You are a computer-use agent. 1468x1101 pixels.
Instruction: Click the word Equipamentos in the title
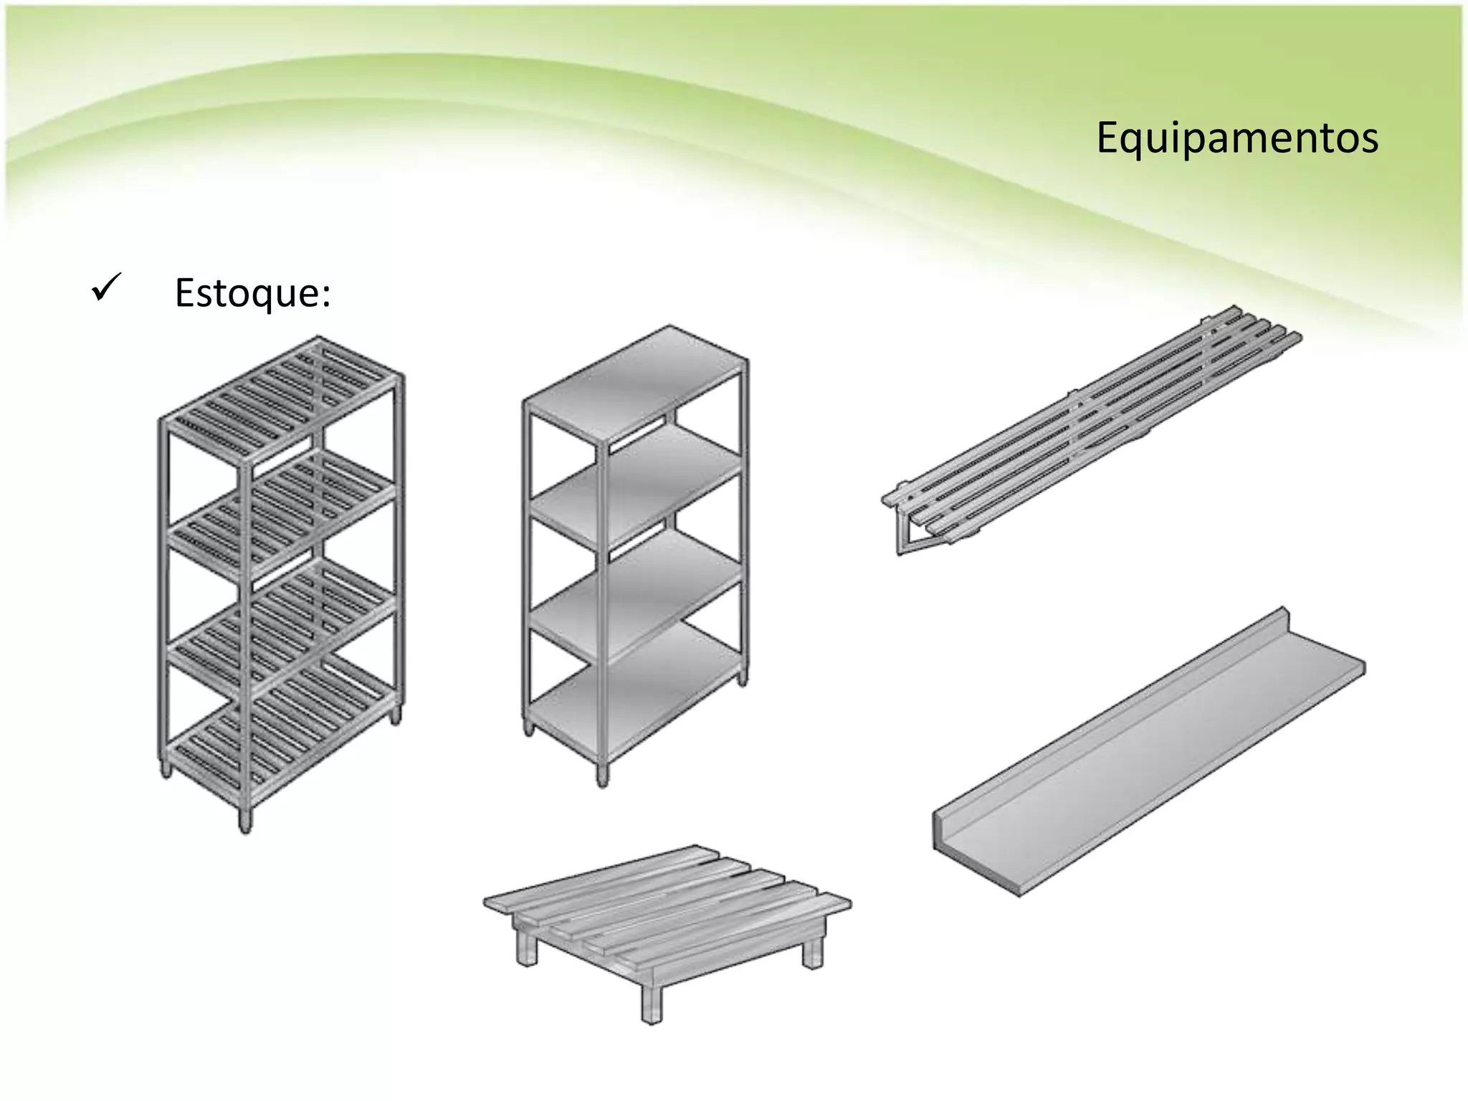[1236, 138]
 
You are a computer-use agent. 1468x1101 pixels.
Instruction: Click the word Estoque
[252, 292]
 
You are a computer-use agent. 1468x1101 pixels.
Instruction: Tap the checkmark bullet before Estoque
[106, 288]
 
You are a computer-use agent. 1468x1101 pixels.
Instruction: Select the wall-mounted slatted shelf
[1090, 430]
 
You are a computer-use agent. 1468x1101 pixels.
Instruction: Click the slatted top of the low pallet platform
[667, 896]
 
